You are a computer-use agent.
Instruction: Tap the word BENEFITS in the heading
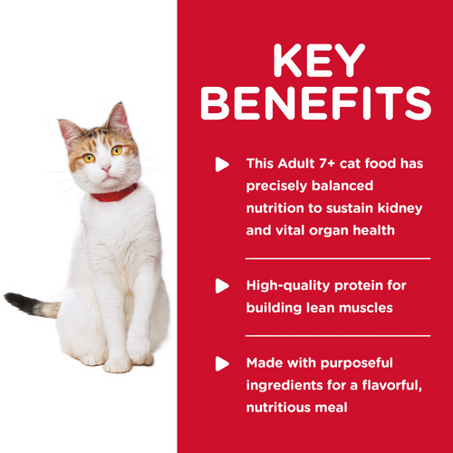(x=314, y=105)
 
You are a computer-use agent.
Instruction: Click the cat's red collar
(x=113, y=192)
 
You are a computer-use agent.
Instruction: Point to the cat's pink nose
(x=106, y=168)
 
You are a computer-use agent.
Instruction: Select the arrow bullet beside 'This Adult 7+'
(x=220, y=165)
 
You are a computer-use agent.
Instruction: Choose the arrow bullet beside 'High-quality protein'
(x=220, y=286)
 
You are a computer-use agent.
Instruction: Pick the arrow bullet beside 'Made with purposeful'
(x=220, y=364)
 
